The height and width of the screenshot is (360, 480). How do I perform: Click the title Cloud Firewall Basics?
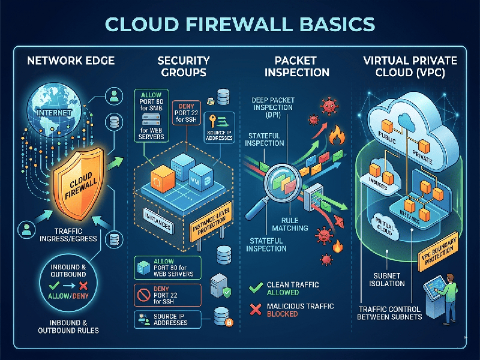pos(240,25)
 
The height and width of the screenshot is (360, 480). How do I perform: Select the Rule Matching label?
pos(294,223)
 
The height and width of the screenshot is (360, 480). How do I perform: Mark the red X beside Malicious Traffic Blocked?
pos(254,308)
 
